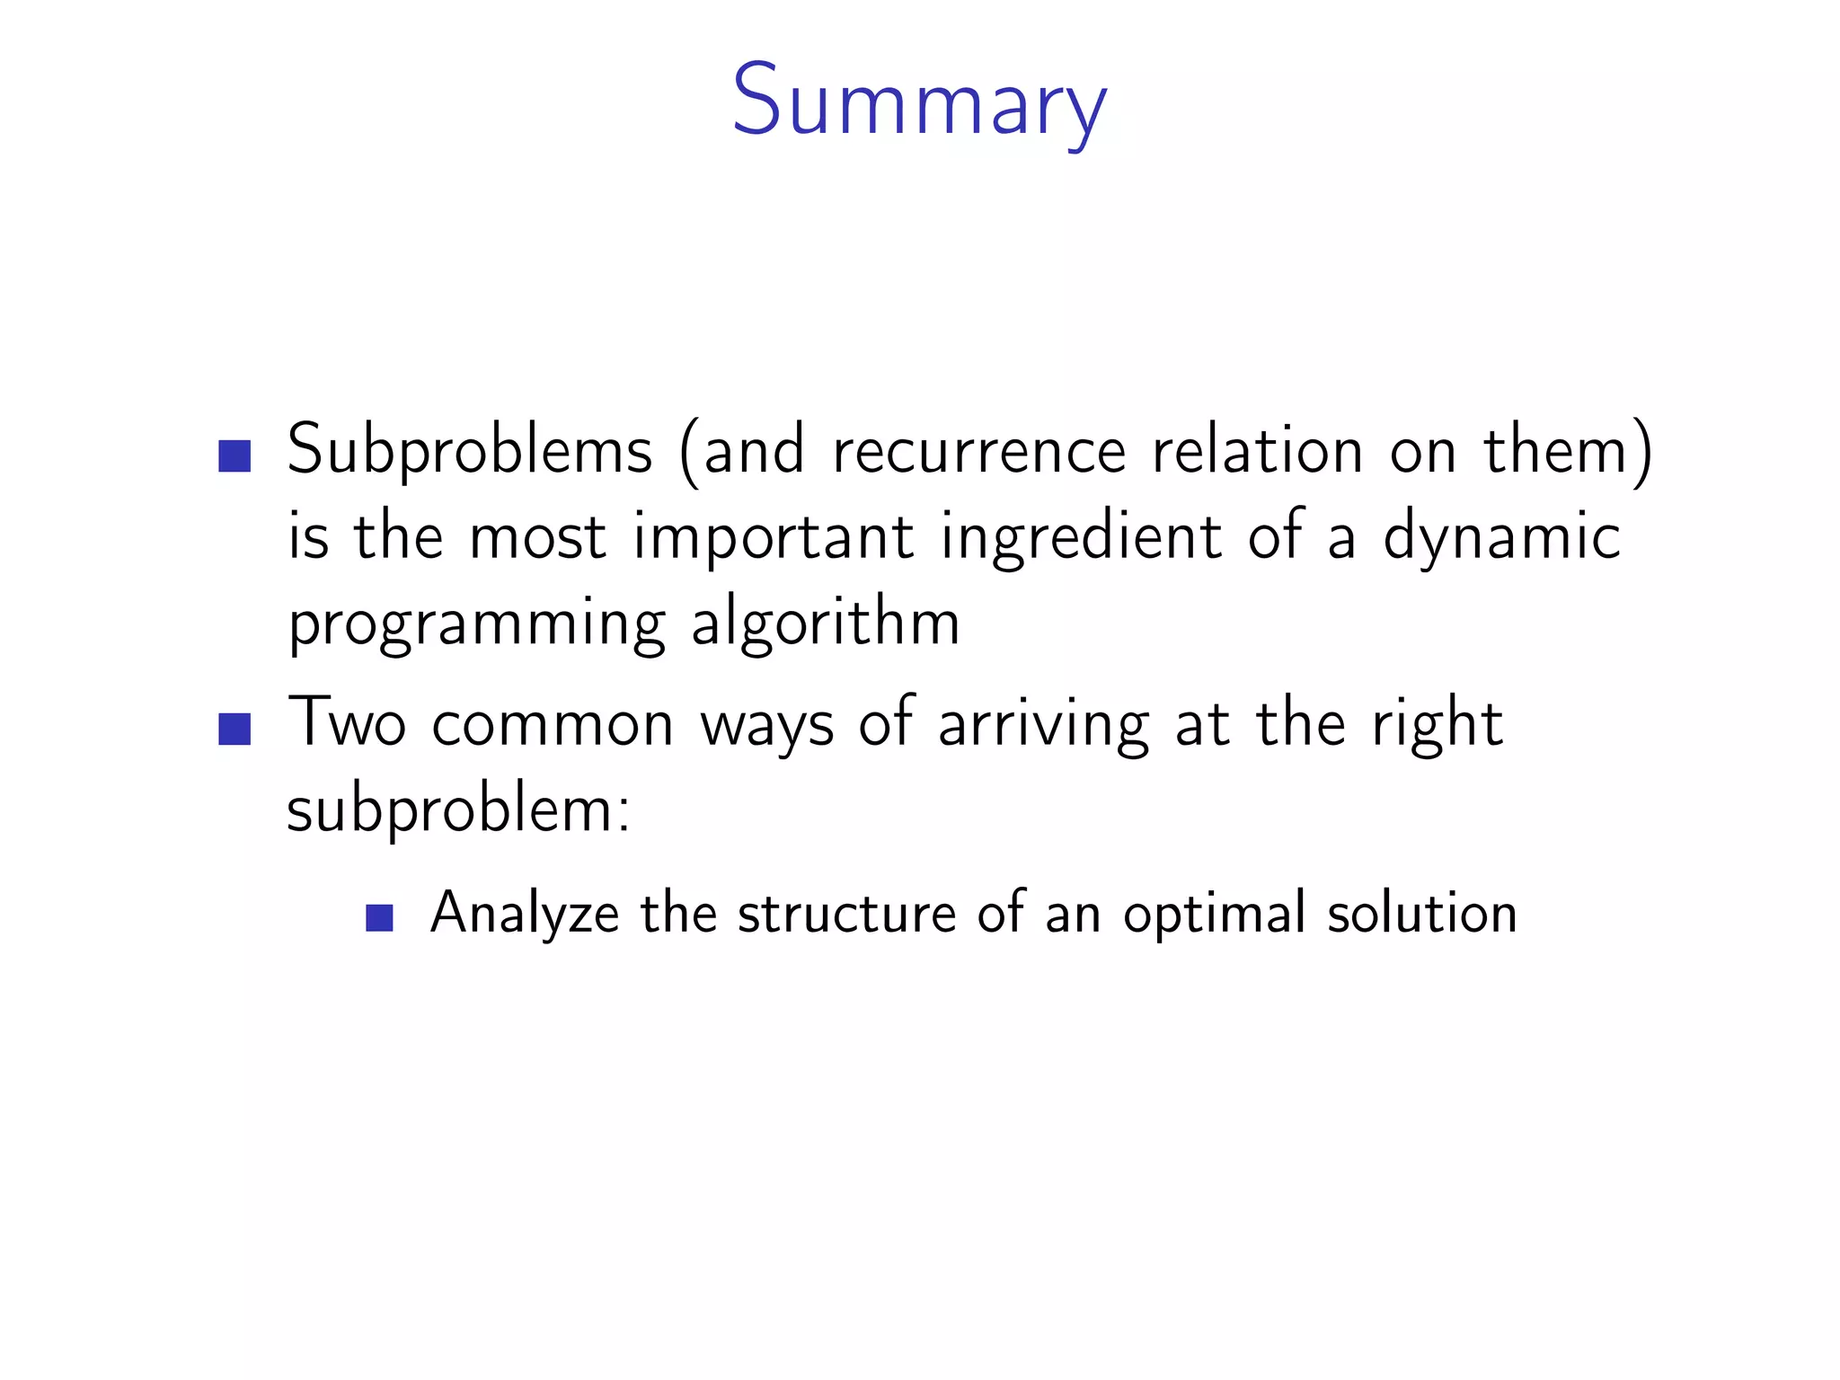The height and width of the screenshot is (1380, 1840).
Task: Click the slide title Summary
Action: point(919,101)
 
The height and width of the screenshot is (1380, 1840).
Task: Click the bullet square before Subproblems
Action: point(234,456)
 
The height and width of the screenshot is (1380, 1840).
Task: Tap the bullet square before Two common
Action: point(234,729)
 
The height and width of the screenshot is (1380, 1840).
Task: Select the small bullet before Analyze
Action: point(380,917)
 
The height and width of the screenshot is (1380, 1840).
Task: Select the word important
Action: point(774,536)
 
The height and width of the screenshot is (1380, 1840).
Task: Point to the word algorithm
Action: point(826,624)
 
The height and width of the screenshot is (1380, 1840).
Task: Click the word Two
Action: point(347,723)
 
